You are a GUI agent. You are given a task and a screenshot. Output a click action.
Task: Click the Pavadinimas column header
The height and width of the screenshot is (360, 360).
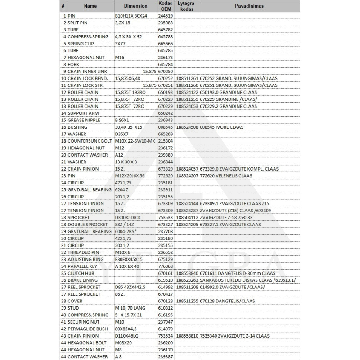pyautogui.click(x=249, y=6)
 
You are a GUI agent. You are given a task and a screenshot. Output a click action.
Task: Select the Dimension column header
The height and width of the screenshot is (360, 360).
pyautogui.click(x=135, y=6)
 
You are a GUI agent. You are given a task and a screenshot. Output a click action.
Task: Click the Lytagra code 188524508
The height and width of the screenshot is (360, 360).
pyautogui.click(x=187, y=127)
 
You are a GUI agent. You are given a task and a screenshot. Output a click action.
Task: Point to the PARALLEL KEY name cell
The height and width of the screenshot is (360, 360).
pyautogui.click(x=83, y=266)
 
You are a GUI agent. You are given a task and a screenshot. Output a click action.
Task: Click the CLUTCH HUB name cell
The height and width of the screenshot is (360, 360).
pyautogui.click(x=81, y=273)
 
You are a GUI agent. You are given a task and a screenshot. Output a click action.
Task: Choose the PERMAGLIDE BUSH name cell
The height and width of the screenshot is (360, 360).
pyautogui.click(x=88, y=329)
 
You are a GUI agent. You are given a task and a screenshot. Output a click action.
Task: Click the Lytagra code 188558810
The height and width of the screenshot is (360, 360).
pyautogui.click(x=187, y=336)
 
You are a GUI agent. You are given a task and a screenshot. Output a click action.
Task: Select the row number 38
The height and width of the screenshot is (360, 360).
pyautogui.click(x=64, y=301)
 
